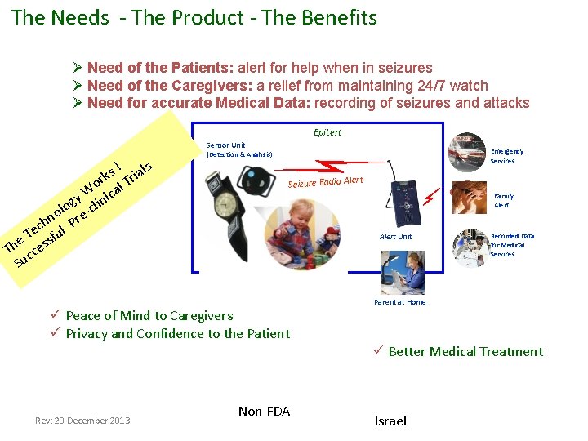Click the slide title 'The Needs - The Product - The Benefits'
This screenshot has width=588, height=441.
194,17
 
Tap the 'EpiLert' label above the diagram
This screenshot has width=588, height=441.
327,132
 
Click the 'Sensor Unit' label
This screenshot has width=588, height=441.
225,145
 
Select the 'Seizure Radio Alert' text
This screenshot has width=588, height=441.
325,181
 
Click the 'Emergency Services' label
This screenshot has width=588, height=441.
506,156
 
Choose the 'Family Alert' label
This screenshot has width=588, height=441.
503,201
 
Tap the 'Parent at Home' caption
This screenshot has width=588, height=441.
399,302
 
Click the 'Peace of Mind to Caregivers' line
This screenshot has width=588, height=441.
149,315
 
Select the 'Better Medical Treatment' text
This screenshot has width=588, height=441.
465,351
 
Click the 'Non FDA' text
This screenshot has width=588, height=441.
264,411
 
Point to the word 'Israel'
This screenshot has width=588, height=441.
390,421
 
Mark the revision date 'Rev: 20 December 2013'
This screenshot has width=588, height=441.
82,421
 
